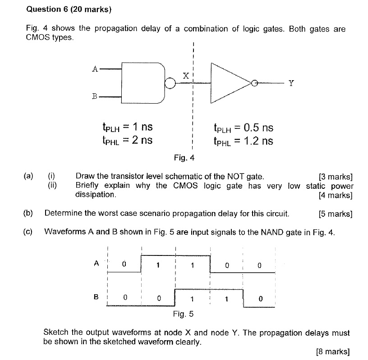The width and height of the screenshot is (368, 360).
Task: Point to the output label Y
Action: (x=291, y=83)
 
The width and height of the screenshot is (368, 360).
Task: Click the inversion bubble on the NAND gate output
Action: (x=170, y=83)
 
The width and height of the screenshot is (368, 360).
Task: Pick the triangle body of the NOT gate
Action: (x=228, y=82)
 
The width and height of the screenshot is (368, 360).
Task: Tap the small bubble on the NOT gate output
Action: (x=255, y=83)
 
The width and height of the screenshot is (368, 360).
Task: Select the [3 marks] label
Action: (x=335, y=176)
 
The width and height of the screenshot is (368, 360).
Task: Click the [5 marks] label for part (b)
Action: (x=335, y=213)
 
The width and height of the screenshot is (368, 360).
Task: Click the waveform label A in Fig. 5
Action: (x=96, y=264)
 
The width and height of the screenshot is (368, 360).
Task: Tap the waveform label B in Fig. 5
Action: (x=96, y=297)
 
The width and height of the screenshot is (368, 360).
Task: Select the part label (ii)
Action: (x=52, y=185)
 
